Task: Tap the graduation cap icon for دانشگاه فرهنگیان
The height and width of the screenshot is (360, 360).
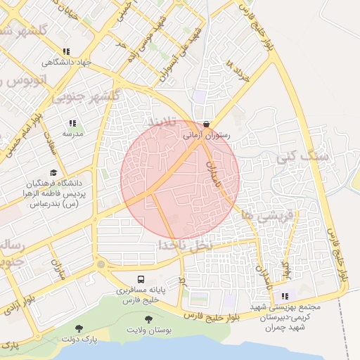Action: (x=53, y=173)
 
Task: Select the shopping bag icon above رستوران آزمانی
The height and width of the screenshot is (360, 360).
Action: (x=205, y=122)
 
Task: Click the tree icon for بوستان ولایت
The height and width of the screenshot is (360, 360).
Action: (x=147, y=319)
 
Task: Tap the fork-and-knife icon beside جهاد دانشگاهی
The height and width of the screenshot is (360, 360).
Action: (x=66, y=51)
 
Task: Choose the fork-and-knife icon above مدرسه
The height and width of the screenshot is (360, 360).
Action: (x=72, y=123)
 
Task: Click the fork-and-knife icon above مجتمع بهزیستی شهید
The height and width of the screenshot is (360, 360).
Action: (x=285, y=296)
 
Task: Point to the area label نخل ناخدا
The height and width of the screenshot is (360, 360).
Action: (x=184, y=245)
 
